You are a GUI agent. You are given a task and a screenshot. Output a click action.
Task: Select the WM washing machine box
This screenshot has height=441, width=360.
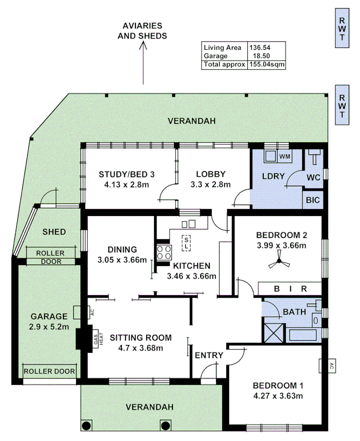click(x=284, y=156)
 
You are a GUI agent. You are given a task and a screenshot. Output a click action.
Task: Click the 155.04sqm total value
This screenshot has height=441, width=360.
click(x=267, y=64)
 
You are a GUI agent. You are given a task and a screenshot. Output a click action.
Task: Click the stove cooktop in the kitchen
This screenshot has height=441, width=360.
click(x=163, y=252)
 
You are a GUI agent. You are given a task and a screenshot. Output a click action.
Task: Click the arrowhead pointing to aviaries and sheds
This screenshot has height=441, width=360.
click(x=143, y=45)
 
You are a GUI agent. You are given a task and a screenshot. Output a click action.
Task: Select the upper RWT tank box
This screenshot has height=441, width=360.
click(x=342, y=29)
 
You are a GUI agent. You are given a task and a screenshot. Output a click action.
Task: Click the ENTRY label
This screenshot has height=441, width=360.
click(x=209, y=355)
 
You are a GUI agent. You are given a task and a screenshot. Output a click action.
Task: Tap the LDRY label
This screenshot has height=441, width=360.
click(x=273, y=176)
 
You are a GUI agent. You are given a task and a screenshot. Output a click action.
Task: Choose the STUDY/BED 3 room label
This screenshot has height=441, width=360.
click(x=127, y=174)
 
